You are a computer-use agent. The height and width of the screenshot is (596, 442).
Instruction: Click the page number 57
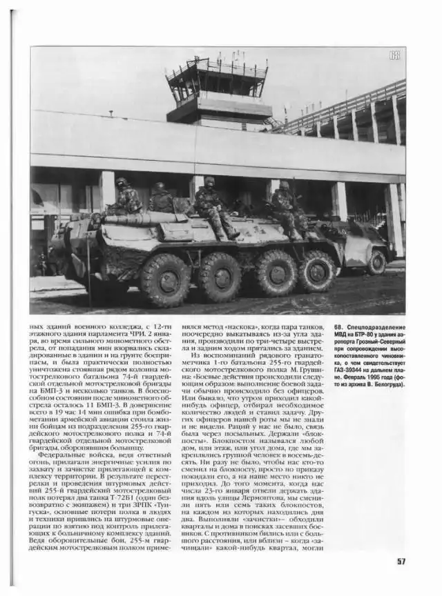tap(401, 561)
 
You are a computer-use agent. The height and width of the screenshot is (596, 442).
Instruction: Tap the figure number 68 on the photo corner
tap(394, 55)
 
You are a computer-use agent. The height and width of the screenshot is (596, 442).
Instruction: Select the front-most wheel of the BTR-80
tap(165, 279)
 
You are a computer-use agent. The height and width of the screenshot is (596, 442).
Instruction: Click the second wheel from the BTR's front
tap(220, 277)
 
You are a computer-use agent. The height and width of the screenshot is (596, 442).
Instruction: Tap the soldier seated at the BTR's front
tap(127, 198)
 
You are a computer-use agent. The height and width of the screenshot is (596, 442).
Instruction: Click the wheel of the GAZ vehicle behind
tap(376, 262)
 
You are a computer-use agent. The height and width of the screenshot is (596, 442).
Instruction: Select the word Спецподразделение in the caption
tap(377, 327)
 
